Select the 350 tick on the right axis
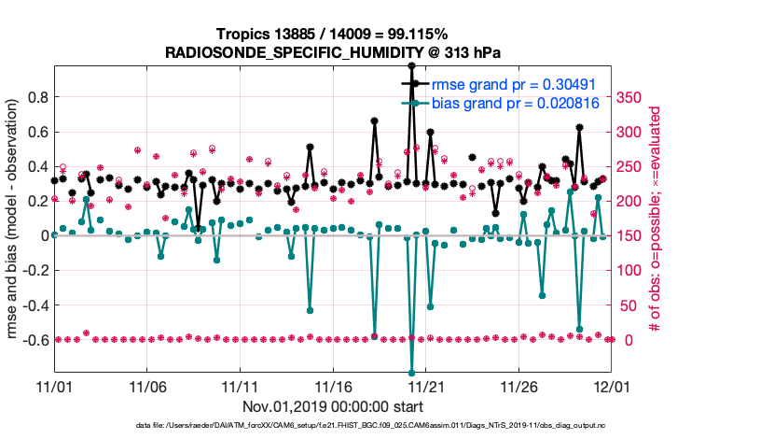pyautogui.click(x=632, y=97)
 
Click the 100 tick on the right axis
pyautogui.click(x=632, y=270)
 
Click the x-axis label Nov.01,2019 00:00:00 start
pyautogui.click(x=333, y=406)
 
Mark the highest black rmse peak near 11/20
pyautogui.click(x=411, y=65)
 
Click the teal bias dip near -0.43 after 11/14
pyautogui.click(x=310, y=310)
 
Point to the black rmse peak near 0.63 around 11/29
pyautogui.click(x=580, y=127)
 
